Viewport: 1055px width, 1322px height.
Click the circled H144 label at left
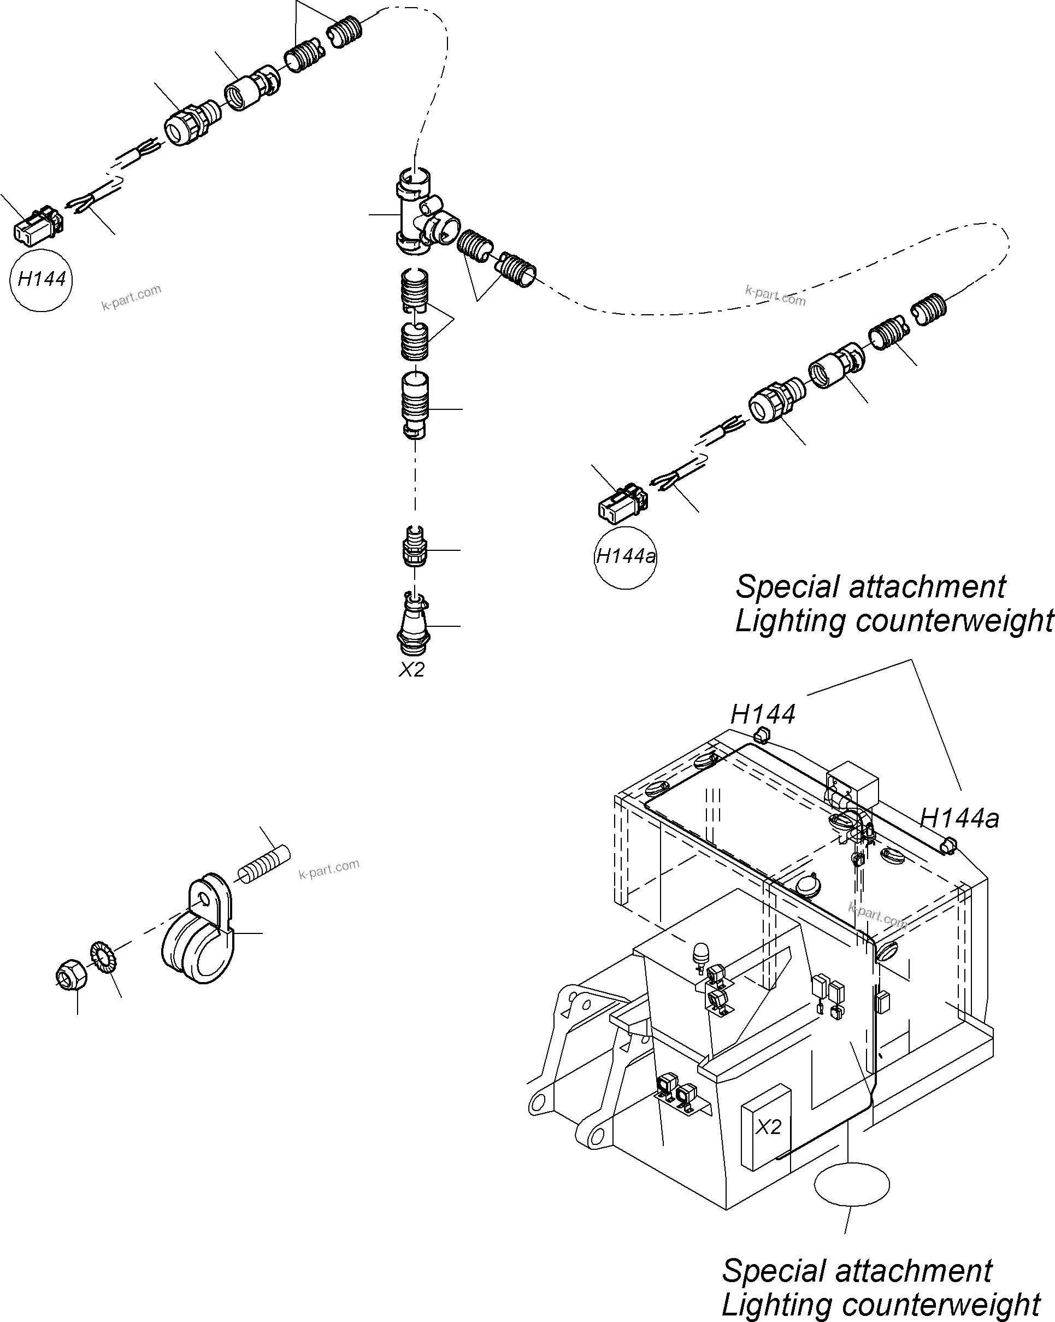pos(41,280)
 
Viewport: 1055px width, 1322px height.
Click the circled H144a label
pos(625,557)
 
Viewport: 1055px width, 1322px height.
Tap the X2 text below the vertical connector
pos(411,669)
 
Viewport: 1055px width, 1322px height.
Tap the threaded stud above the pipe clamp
pos(263,865)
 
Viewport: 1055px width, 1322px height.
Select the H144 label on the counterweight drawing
pos(763,714)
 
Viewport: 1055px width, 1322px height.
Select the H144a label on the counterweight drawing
pos(959,819)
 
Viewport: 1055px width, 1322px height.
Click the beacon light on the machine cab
pos(699,955)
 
